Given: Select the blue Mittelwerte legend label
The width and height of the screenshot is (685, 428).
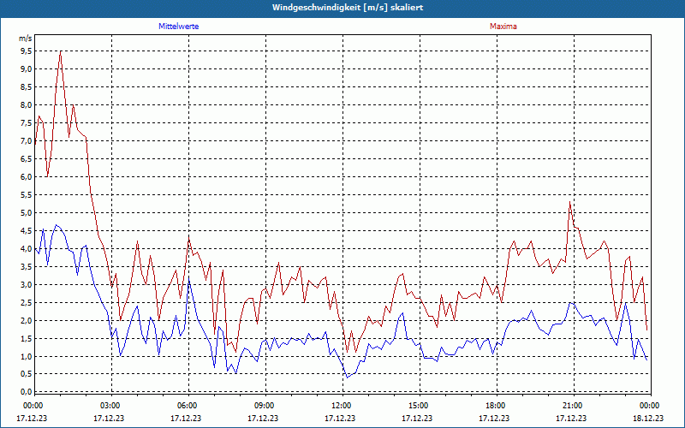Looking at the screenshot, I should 179,27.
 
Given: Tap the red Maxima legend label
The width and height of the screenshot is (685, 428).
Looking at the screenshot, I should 503,27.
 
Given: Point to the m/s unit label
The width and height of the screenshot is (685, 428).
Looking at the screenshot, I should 25,39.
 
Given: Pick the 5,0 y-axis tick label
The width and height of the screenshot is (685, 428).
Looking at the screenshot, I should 26,213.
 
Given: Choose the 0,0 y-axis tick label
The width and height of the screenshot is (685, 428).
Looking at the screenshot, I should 26,392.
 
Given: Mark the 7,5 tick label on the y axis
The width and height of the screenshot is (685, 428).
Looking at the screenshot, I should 26,123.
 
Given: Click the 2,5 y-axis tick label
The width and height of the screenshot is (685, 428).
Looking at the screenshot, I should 26,303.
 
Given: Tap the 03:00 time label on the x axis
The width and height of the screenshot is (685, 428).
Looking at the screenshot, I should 110,405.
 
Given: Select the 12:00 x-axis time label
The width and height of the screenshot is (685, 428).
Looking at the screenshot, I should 341,405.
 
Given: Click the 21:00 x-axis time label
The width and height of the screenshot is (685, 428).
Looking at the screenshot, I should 572,405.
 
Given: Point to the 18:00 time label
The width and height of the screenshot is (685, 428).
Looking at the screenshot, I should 495,405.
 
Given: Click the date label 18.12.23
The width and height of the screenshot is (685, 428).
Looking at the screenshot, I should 648,419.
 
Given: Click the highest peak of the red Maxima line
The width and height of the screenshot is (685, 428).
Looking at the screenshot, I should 60,51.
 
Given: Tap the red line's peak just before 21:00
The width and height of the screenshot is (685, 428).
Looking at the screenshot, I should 569,202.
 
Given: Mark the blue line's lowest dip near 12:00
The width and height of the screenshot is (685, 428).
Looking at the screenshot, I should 346,377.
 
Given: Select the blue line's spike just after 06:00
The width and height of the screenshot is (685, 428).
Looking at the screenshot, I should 189,279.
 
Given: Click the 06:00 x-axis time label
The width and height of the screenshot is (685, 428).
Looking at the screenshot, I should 188,405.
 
